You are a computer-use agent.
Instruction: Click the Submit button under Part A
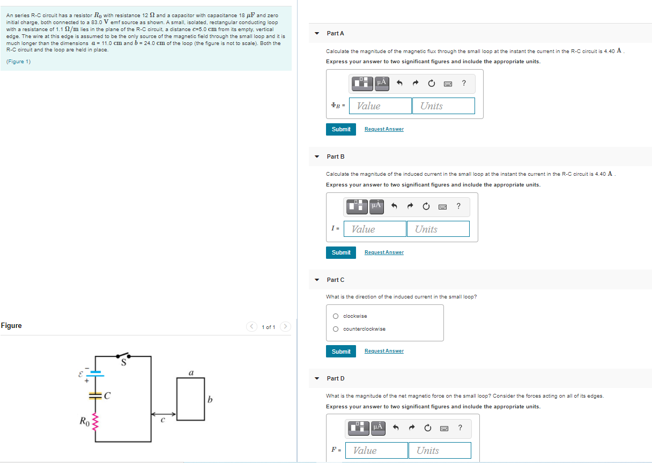click(341, 129)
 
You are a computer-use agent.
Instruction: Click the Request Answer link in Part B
click(384, 252)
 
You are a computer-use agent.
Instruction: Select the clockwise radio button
click(336, 316)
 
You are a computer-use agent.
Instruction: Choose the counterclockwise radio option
click(336, 329)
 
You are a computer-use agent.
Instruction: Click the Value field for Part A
click(381, 106)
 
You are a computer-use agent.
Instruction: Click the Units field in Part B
click(438, 229)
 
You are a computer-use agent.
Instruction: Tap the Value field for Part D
click(377, 451)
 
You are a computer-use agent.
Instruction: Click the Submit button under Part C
click(341, 352)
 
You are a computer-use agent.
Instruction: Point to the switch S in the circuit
click(123, 356)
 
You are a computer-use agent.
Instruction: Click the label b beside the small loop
click(210, 400)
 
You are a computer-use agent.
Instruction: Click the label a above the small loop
click(191, 372)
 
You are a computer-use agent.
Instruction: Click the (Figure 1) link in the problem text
click(19, 62)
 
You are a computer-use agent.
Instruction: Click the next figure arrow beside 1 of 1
click(286, 326)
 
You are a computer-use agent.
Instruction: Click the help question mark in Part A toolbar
click(464, 83)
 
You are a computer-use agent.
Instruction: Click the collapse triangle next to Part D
click(317, 379)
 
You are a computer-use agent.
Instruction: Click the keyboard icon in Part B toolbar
click(442, 206)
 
